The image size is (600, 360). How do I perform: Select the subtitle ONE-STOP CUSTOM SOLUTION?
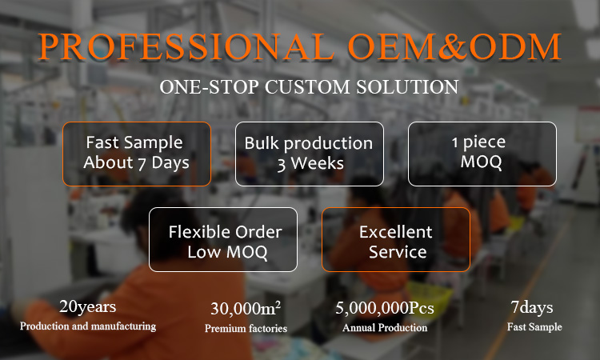309,86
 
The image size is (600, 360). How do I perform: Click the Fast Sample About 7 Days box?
136,154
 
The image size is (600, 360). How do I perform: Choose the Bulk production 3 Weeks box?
309,154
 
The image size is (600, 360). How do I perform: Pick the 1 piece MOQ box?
482,154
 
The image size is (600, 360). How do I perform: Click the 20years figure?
88,307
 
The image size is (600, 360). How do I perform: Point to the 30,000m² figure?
246,309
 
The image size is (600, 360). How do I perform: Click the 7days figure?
534,308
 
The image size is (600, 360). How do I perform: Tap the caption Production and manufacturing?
88,326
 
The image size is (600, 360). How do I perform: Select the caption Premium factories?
246,328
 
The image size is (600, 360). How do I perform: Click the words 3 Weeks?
310,164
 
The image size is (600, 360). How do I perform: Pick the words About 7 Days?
136,163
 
